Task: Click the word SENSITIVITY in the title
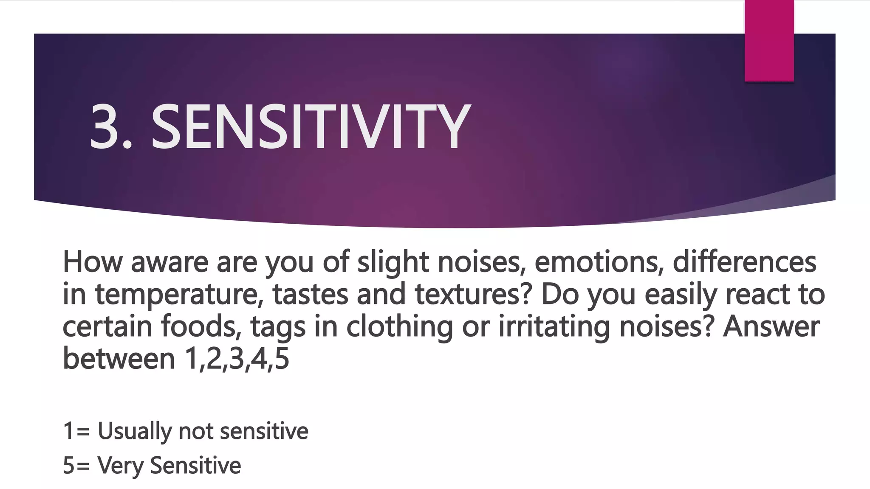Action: tap(311, 127)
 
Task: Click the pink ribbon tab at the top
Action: tap(769, 40)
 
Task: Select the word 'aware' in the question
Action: tap(169, 262)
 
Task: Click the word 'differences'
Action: tap(744, 262)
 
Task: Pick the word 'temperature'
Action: tap(179, 294)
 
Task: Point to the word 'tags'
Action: tap(278, 327)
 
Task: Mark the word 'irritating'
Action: tap(554, 326)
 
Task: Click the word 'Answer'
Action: tap(771, 326)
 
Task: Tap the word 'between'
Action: tap(119, 359)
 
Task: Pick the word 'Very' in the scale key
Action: tap(120, 465)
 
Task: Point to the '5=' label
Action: tap(76, 465)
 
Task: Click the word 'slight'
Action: tap(393, 263)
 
